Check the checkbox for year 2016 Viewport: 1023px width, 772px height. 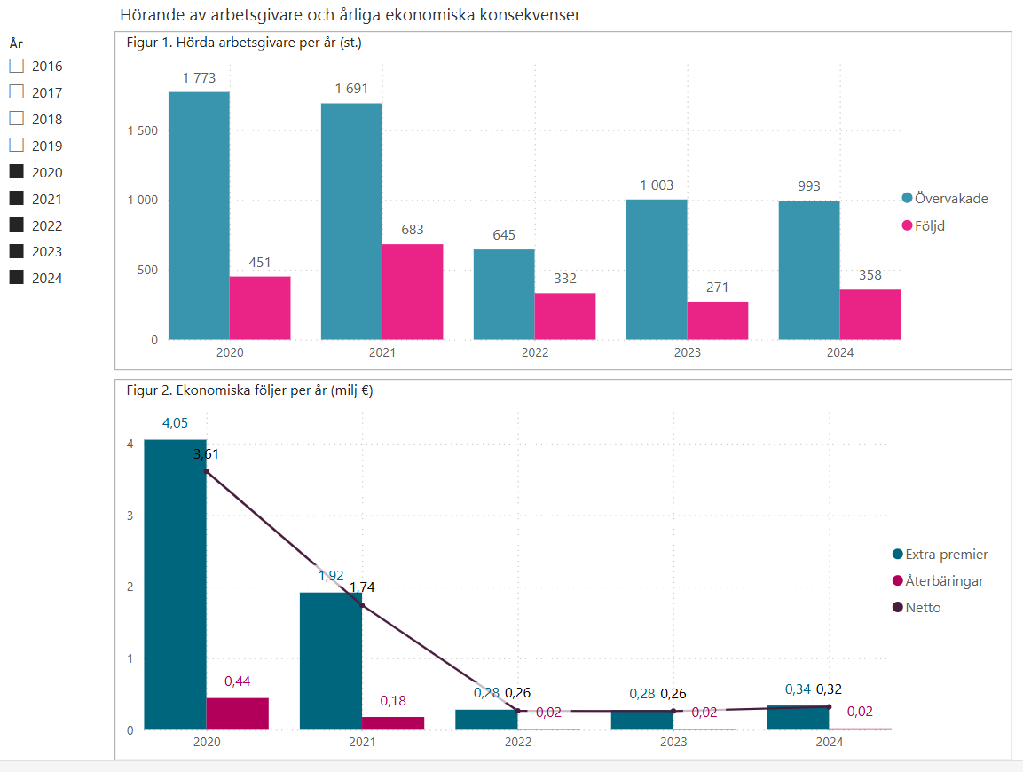coord(16,66)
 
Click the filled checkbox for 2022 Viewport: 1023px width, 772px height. coord(16,225)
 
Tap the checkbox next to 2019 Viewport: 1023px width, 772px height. coord(16,146)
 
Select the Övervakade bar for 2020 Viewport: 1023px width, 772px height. coord(199,216)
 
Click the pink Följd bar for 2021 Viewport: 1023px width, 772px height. coord(413,291)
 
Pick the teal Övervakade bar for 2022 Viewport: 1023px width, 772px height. coord(504,295)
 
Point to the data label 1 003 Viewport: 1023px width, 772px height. coord(657,185)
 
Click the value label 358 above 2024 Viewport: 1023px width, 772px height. coord(870,275)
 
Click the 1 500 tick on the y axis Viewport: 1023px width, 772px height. coord(142,130)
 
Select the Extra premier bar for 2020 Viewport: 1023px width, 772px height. coord(176,585)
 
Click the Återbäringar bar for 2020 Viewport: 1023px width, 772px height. coord(238,713)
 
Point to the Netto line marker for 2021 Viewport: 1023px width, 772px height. coord(362,605)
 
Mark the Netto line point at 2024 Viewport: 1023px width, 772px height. coord(829,706)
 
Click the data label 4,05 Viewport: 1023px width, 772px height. coord(175,423)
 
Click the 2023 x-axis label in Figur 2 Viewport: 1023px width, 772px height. coord(673,743)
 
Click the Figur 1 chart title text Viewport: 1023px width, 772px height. coord(244,42)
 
